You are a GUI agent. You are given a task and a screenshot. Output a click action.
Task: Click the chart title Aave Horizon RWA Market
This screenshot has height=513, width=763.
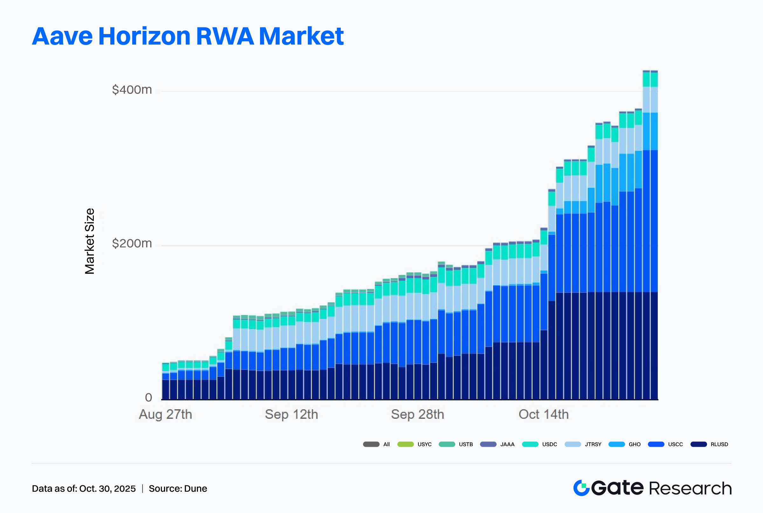coord(188,36)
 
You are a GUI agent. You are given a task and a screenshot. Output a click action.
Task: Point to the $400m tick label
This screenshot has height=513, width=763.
coord(132,90)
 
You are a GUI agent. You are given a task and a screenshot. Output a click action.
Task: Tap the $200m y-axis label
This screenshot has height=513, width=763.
coord(132,243)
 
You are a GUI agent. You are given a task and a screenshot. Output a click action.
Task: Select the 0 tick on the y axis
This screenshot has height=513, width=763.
coord(148,397)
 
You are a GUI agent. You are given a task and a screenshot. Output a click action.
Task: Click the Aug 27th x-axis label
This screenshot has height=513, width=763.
coord(165,414)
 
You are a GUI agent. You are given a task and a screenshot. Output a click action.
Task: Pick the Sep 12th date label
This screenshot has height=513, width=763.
coord(291,414)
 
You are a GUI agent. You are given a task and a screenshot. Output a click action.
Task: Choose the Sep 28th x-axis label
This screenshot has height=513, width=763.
coord(417,414)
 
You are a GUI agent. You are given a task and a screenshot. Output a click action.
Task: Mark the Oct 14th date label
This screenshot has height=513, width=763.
coord(543,414)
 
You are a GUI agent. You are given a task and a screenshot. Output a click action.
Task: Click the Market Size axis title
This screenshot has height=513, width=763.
coord(90,241)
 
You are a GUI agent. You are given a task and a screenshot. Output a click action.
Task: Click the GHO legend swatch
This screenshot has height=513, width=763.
coord(617,444)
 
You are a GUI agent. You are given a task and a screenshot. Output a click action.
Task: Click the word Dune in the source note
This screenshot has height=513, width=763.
coord(196,488)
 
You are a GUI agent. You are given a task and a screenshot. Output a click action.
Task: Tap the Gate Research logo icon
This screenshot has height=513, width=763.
coord(581,488)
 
